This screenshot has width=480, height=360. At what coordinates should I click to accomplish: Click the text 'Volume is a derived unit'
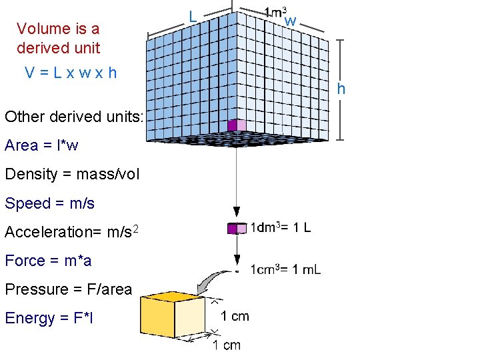58,38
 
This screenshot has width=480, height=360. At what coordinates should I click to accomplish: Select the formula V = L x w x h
71,73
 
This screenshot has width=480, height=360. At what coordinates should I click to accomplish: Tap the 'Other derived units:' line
74,117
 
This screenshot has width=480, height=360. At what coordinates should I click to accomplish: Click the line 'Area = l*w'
41,145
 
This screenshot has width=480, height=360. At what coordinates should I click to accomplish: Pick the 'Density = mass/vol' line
72,175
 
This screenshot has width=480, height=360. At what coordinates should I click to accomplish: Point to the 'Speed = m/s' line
49,203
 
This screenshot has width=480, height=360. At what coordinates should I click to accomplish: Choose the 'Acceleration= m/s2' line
72,232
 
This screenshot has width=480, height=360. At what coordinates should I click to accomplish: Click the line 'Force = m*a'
48,261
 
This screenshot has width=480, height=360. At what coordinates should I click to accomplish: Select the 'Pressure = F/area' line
68,289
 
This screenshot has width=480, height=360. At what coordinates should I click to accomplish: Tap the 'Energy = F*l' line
49,319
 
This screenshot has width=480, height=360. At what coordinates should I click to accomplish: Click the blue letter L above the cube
191,15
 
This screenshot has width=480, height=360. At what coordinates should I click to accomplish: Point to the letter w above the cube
290,21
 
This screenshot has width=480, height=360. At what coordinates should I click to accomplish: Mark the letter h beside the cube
341,89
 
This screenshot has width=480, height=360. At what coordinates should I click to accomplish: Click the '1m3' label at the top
275,12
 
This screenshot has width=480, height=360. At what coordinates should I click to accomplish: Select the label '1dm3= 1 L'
280,227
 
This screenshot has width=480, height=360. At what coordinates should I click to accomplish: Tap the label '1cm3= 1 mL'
285,269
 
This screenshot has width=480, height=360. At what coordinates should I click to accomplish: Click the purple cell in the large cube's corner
233,125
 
